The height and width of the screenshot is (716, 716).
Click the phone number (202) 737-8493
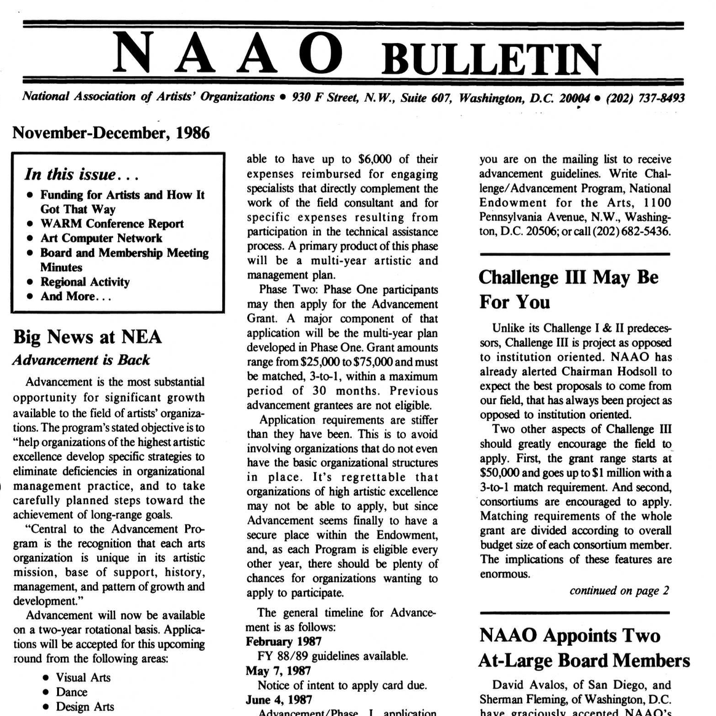[x=645, y=98]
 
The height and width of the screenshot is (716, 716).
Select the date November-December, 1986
[x=111, y=133]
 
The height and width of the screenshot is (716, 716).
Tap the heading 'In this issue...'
[x=82, y=174]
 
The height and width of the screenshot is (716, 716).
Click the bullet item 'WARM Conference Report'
[x=112, y=223]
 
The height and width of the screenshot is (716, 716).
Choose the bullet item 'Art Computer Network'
[x=101, y=238]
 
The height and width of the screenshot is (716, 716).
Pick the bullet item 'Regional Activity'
[x=85, y=282]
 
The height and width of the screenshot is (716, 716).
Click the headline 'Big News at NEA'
[x=87, y=336]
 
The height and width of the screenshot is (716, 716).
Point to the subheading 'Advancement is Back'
[x=81, y=360]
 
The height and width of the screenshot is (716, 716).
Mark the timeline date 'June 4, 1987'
[x=279, y=699]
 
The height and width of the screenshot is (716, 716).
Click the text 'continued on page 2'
[x=619, y=591]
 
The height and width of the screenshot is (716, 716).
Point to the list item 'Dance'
[x=71, y=692]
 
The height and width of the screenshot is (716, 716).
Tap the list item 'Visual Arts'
[x=83, y=677]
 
